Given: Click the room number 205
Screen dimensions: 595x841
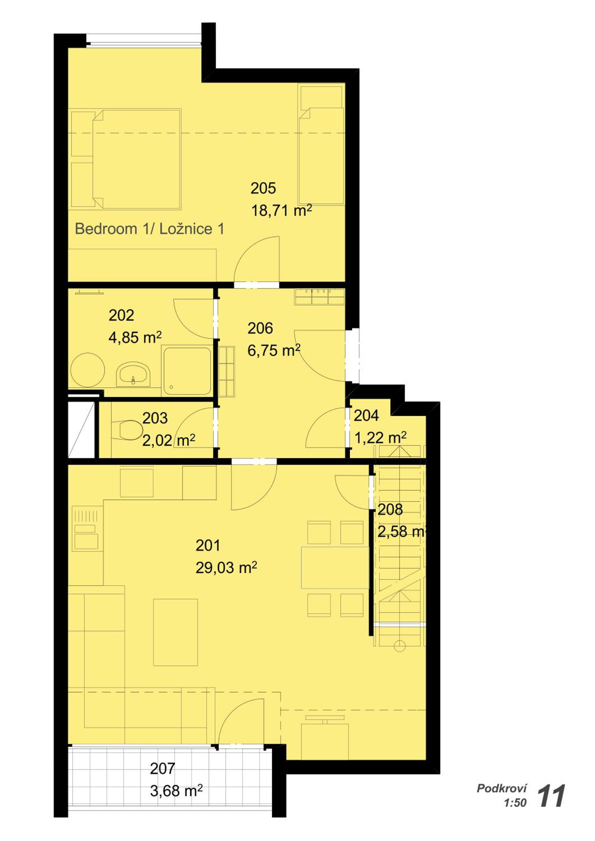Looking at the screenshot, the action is pyautogui.click(x=263, y=188).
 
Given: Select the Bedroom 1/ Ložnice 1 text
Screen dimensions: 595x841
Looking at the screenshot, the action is pyautogui.click(x=149, y=229).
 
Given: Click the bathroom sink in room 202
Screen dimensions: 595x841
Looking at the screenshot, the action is pyautogui.click(x=133, y=374).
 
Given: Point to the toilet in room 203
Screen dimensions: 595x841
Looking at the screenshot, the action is pyautogui.click(x=127, y=430).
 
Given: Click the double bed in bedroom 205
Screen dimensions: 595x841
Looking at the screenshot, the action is pyautogui.click(x=136, y=159).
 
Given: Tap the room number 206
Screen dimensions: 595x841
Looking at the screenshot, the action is pyautogui.click(x=260, y=328).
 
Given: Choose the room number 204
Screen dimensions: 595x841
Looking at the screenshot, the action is pyautogui.click(x=366, y=415).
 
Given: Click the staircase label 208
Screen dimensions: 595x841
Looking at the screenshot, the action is pyautogui.click(x=390, y=510).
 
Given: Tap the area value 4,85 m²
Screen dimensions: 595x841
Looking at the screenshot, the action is pyautogui.click(x=135, y=337).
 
